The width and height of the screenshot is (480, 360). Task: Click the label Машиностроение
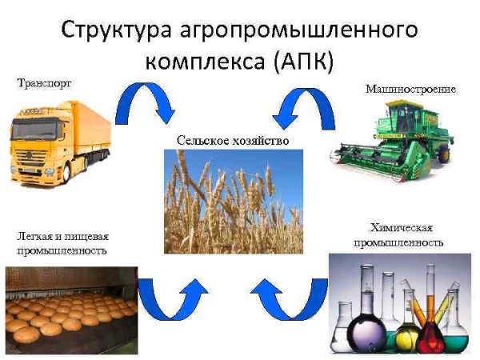tap(410, 89)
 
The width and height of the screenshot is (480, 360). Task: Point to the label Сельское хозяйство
tap(233, 141)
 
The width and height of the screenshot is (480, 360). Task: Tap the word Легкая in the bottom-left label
tap(33, 238)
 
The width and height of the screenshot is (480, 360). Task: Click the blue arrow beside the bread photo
tap(171, 300)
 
